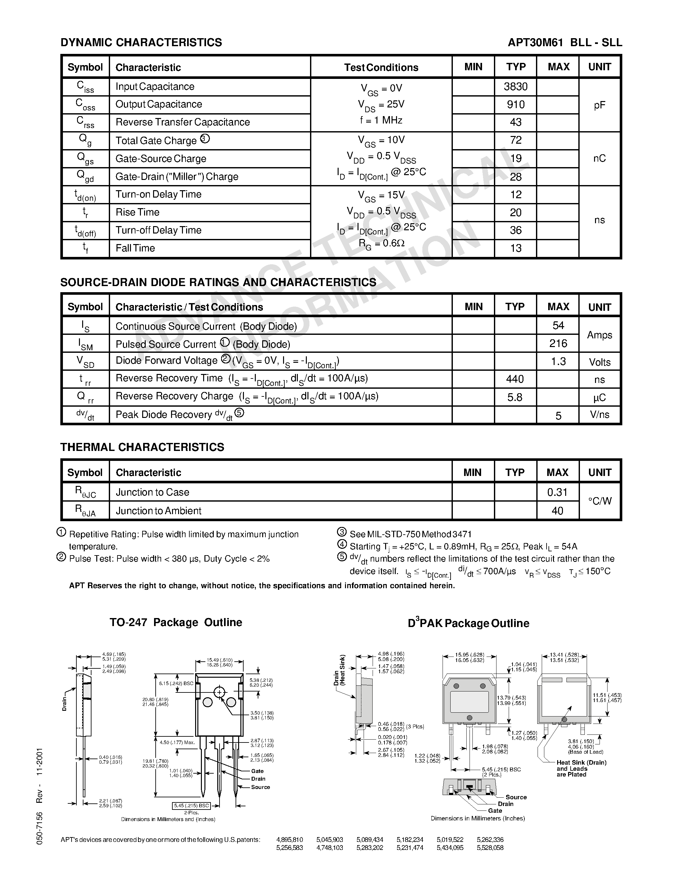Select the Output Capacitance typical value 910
pos(515,105)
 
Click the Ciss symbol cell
pos(85,87)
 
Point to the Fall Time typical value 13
pos(515,248)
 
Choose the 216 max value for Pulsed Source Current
pos(558,343)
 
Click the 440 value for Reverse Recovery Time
pos(515,379)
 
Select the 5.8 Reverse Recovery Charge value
pos(515,397)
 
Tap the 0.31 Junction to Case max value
pos(557,492)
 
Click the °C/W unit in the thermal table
pos(600,501)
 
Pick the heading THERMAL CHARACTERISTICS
pos(142,447)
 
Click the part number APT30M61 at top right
pos(535,42)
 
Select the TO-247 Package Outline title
pos(176,622)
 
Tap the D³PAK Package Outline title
pos(468,623)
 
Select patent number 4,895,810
pos(289,840)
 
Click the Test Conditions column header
pos(381,67)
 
